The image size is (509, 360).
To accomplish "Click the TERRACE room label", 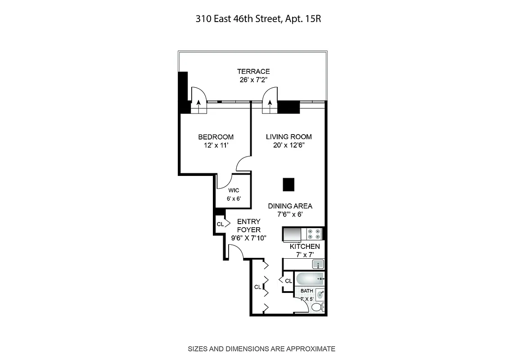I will coord(253,72).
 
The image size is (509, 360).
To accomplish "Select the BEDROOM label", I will coord(216,137).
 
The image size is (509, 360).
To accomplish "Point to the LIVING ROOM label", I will coord(288,137).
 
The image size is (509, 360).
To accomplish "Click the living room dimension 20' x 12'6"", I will coord(288,145).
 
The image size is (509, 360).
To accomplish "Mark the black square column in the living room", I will coord(288,184).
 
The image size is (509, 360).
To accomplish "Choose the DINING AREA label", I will coord(290,206).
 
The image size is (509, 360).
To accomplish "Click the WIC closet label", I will coord(233,190).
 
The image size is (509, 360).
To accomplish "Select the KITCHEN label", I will coord(305,247).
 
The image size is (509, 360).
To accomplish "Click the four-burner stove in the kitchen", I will coord(314,234).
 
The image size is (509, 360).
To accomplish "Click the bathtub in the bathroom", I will coord(309,279).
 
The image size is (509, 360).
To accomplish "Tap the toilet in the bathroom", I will coord(317,307).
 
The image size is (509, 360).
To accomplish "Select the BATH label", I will coord(307,291).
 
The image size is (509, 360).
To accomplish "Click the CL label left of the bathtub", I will coord(288,281).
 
